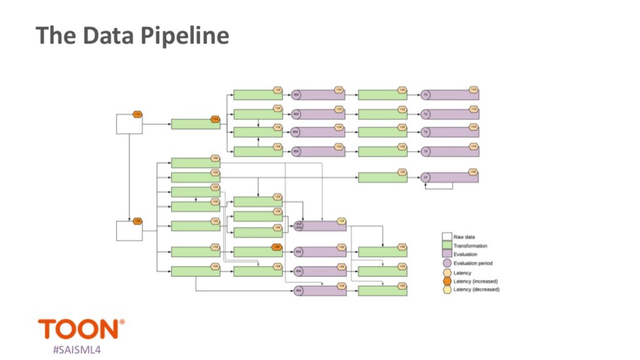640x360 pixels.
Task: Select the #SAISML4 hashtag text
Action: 76,350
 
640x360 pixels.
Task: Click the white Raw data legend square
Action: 447,236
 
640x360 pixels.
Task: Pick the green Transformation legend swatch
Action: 447,245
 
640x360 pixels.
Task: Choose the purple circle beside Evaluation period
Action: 447,263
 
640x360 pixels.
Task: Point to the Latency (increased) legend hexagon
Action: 447,281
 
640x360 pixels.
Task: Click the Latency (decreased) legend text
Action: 476,290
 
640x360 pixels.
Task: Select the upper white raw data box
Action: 129,124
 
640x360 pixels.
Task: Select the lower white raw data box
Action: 129,231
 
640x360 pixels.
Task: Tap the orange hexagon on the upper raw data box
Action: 137,114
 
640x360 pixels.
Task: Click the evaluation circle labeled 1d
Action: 425,178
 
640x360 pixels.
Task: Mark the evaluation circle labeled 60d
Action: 298,252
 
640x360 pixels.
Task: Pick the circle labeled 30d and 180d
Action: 298,226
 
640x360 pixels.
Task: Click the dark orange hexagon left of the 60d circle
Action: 276,247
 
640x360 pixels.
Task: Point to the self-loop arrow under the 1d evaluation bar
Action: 439,188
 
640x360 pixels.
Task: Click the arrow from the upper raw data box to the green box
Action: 156,124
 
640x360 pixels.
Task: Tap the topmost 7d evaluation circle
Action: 425,95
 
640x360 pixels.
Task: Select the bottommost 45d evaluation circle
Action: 298,291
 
